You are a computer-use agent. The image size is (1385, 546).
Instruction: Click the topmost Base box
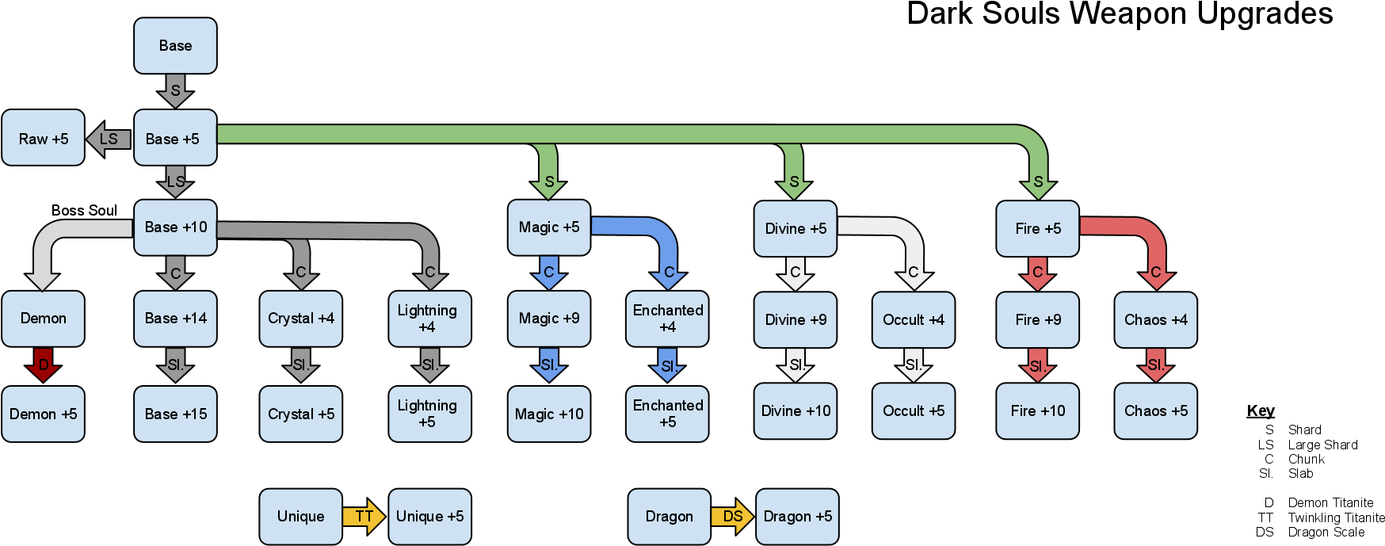175,46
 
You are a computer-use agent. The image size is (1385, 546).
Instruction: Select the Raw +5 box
43,138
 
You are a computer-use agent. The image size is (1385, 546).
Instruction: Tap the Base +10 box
175,227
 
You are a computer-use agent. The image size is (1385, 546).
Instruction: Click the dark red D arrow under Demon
44,365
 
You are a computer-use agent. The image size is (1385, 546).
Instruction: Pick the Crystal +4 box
301,319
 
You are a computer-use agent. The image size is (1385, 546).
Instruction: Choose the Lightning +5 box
429,414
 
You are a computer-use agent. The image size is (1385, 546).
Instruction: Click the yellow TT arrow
364,517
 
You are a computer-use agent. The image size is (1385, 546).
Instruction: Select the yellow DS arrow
732,517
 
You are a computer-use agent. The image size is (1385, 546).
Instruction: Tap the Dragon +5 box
797,517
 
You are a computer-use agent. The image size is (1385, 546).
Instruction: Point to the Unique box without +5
301,517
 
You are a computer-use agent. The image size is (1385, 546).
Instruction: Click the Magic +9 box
549,319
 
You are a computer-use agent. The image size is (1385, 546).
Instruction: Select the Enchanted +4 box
667,319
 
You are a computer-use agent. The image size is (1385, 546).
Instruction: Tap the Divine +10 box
796,411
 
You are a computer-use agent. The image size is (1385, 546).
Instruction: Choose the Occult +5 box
914,411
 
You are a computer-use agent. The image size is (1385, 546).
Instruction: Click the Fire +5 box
1037,229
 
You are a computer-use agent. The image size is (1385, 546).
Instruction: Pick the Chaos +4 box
1155,320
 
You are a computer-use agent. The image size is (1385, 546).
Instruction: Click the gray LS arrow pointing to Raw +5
109,139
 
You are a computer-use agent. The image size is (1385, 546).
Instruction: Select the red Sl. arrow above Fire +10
1037,365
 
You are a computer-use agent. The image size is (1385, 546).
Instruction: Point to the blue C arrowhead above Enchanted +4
668,275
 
